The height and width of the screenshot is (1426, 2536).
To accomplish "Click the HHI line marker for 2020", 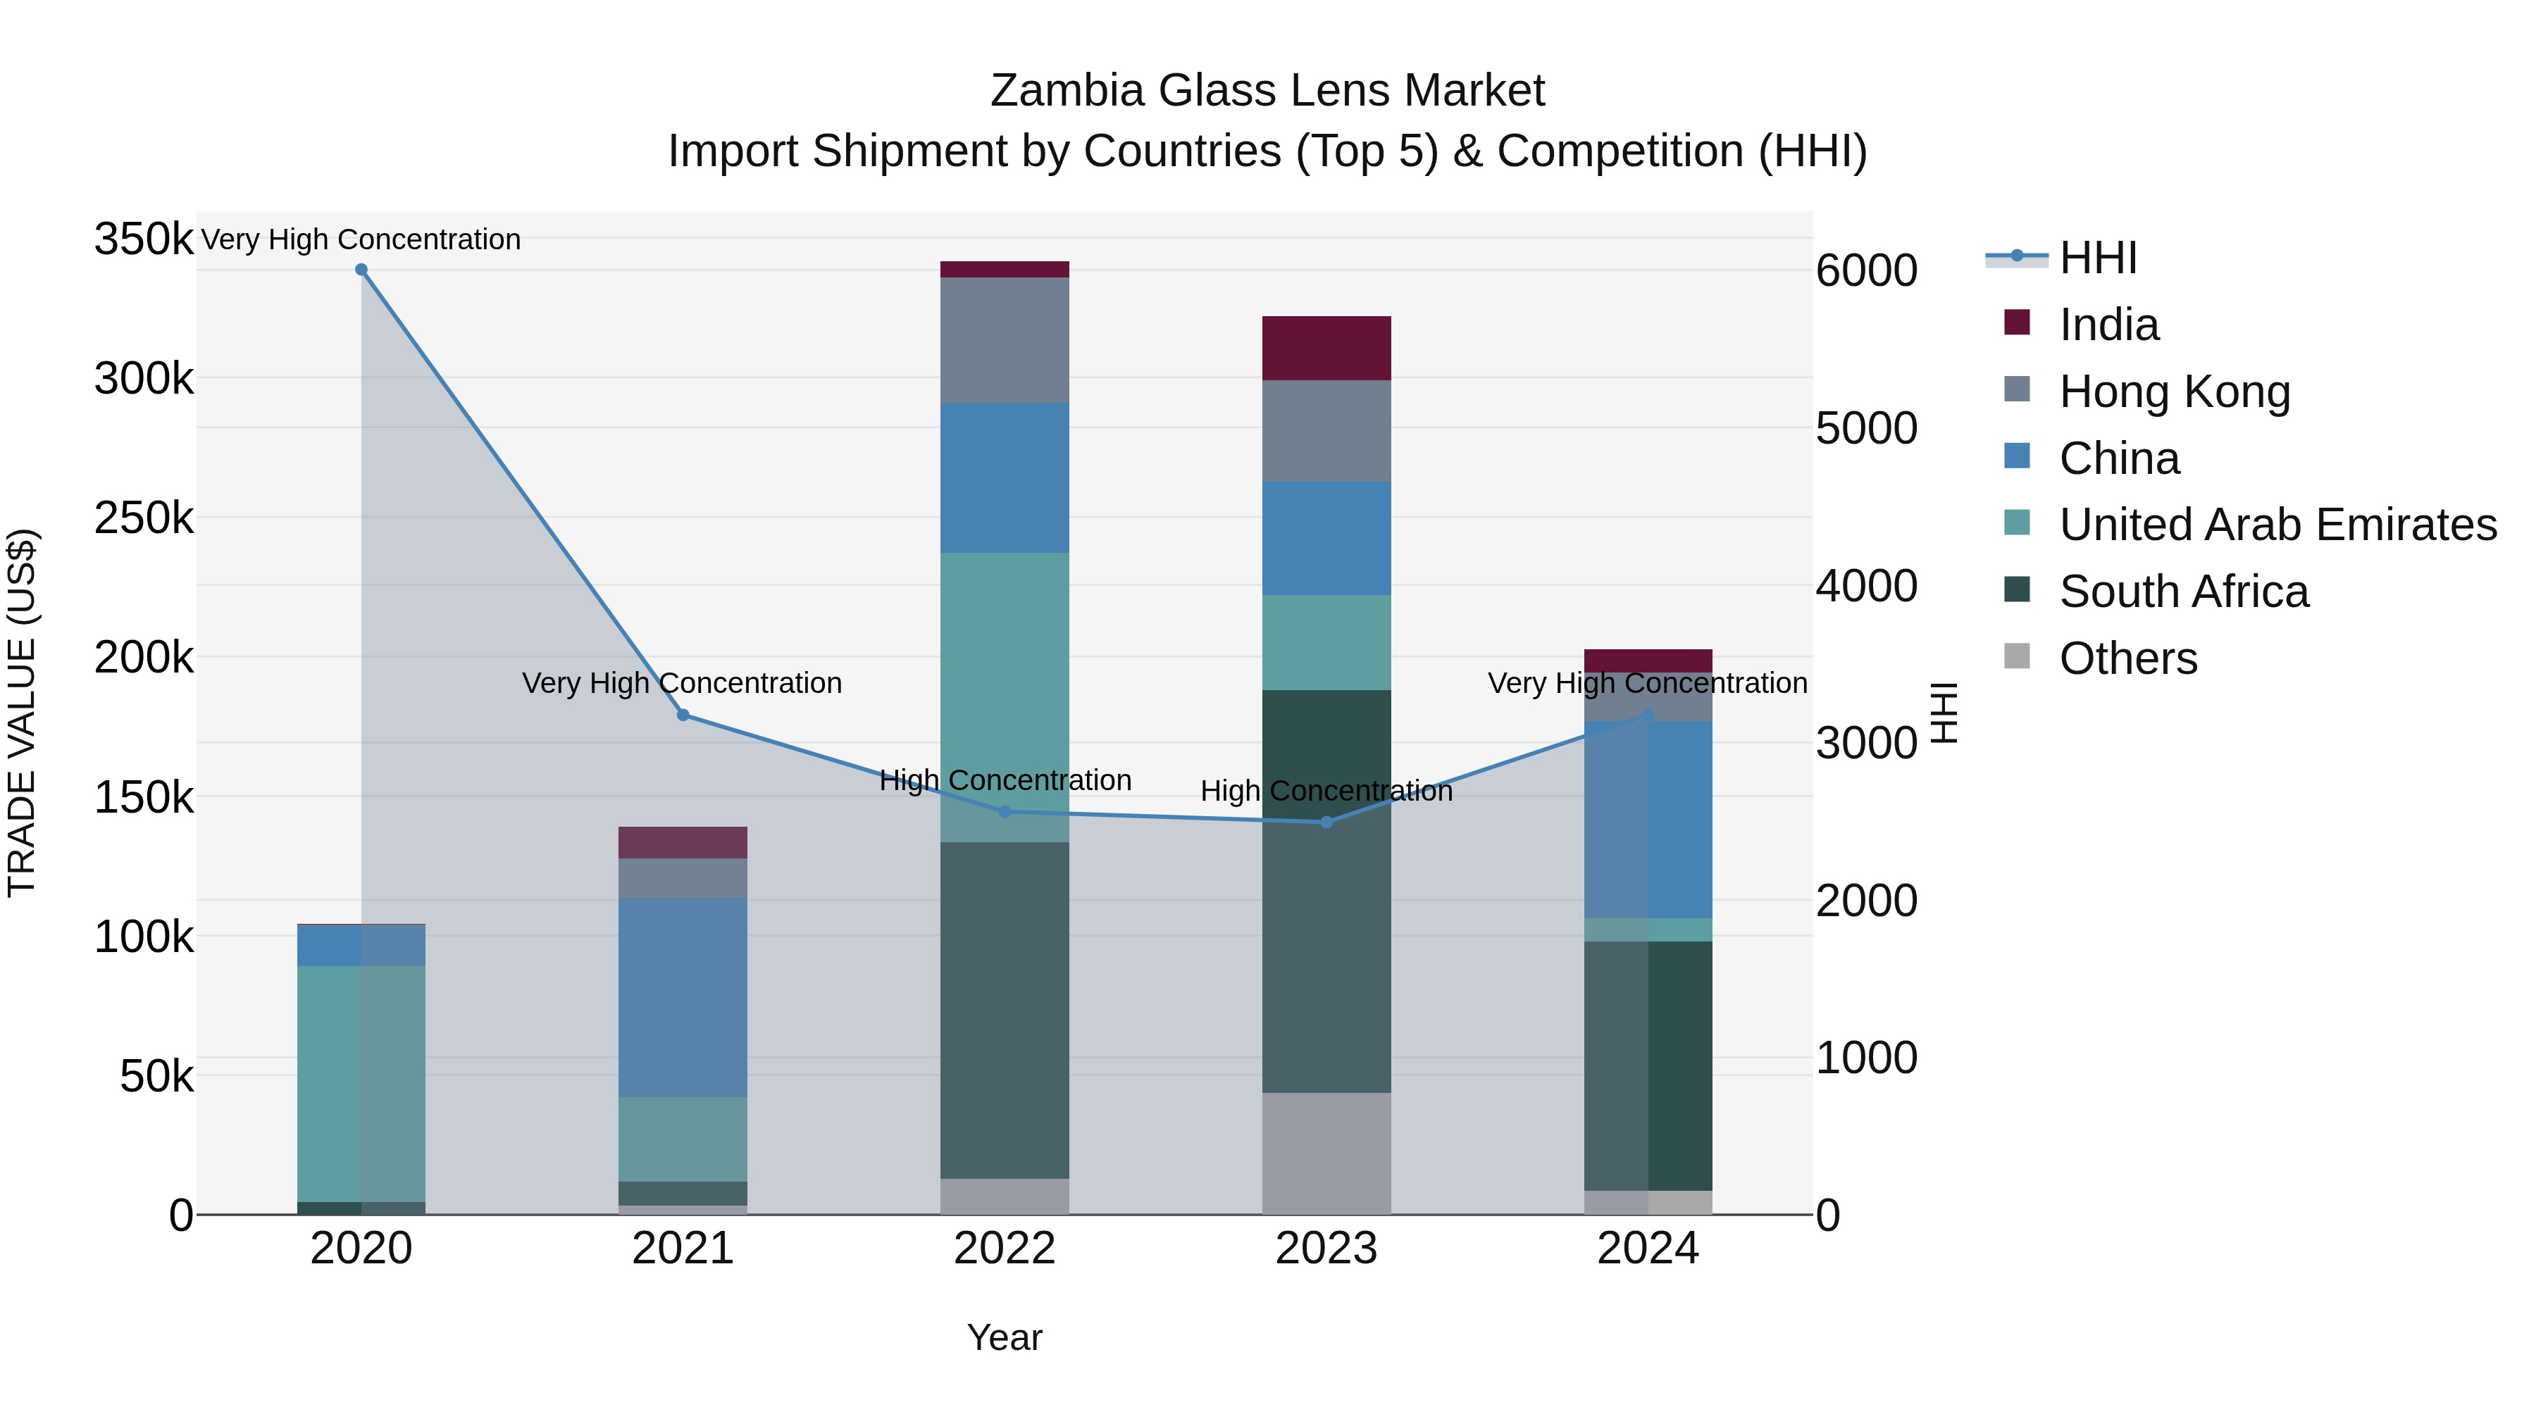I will coord(361,270).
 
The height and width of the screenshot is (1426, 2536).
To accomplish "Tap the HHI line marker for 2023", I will coord(1326,822).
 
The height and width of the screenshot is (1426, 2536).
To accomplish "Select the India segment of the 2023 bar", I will coord(1326,349).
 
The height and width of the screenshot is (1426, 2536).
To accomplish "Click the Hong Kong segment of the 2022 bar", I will coord(1004,339).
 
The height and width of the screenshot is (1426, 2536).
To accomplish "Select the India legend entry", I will coord(2108,325).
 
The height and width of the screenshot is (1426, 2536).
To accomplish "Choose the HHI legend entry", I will coord(2097,258).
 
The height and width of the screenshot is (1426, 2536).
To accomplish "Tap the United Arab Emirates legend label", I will coord(2277,525).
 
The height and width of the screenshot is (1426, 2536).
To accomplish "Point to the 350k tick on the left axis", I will coord(144,239).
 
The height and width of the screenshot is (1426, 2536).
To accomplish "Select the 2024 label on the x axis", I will coord(1647,1249).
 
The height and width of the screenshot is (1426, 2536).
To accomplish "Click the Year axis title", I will coord(1004,1337).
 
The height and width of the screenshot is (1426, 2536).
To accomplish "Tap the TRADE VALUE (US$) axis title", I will coord(22,713).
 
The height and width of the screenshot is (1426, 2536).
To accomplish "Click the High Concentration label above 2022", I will coord(1004,780).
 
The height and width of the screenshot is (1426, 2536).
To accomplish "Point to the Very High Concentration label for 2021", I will coord(682,683).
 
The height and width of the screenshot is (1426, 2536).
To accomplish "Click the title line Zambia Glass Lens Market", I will coord(1267,91).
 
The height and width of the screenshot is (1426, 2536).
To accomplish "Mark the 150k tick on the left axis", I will coord(144,797).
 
